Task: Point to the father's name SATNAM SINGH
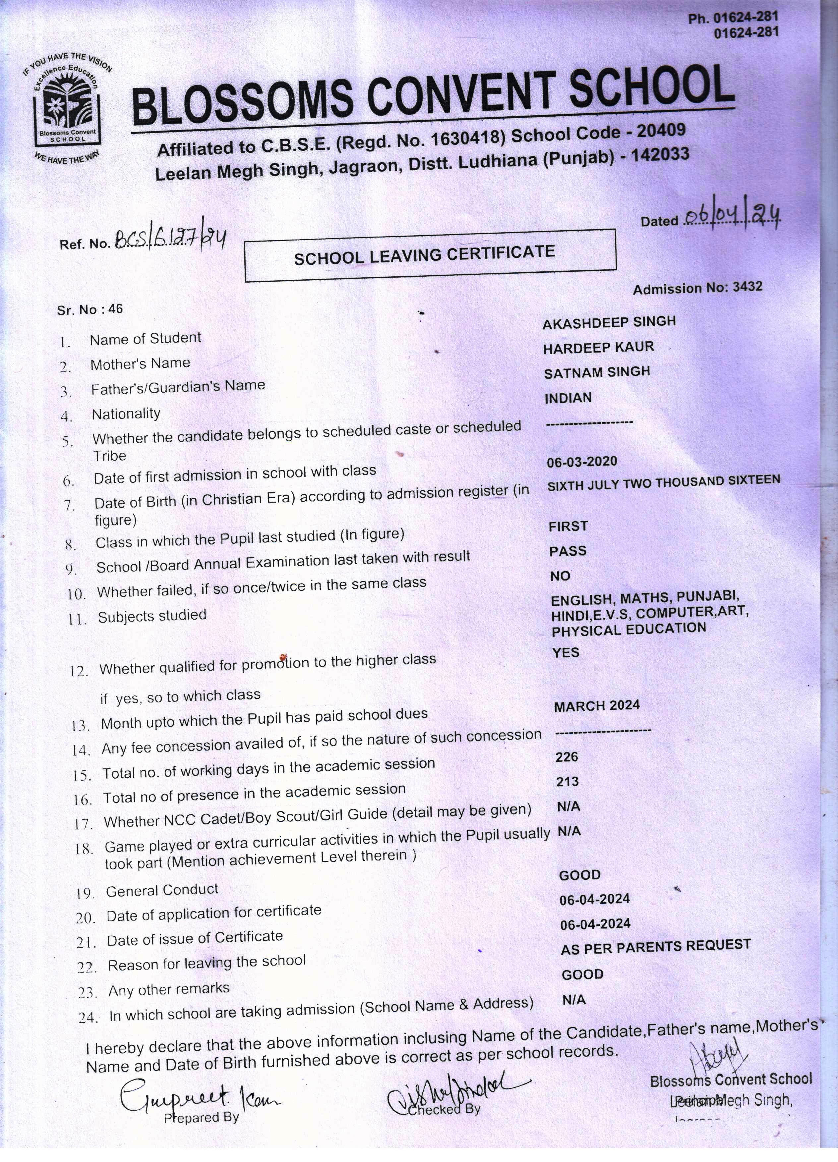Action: coord(597,372)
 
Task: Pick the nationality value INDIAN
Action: coord(568,398)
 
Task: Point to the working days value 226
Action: coord(567,757)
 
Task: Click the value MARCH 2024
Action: coord(597,706)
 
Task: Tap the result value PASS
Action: coord(568,551)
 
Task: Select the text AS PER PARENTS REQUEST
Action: coord(656,947)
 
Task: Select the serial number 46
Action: coord(115,309)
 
